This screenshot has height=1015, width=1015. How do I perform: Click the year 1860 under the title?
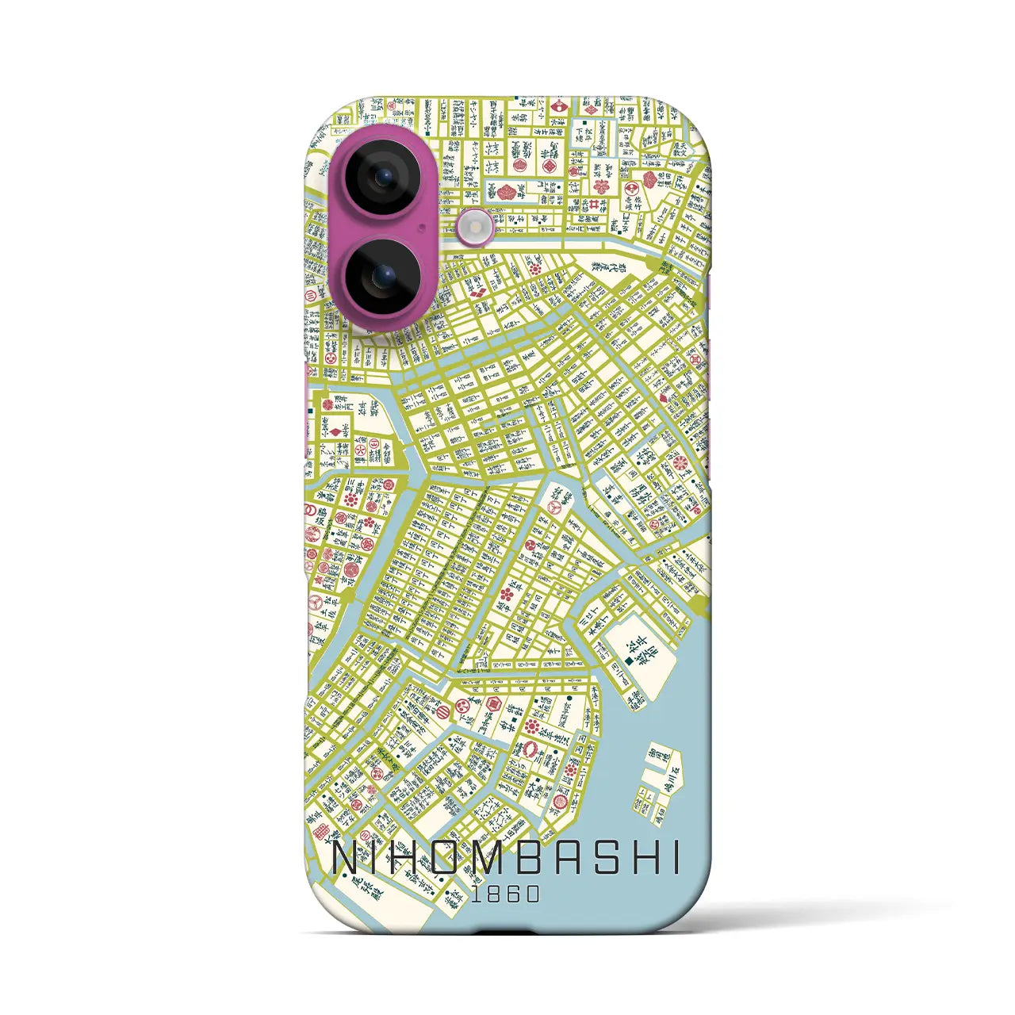tap(505, 894)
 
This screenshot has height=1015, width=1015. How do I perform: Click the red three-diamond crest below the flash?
tap(477, 293)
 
